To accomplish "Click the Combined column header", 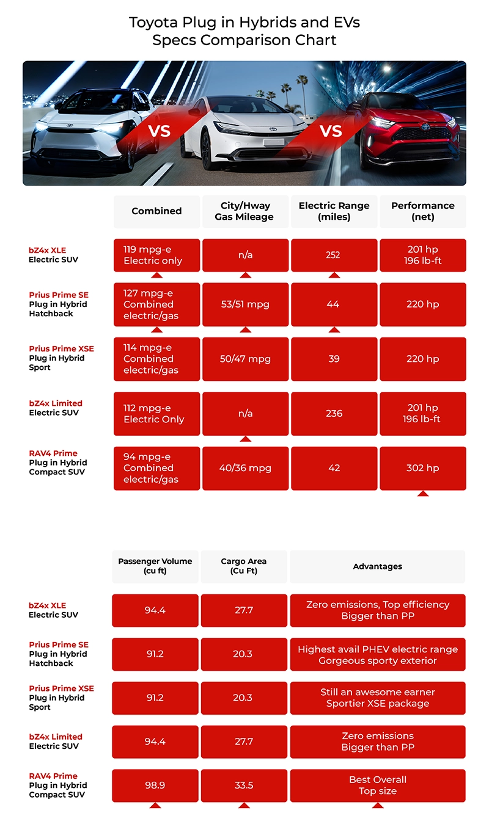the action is (156, 211).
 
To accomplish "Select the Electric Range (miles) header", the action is (334, 211).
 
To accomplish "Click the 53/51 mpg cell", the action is (245, 304).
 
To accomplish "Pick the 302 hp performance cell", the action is (423, 468).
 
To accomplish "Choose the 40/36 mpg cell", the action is (245, 468).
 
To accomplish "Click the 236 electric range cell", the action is (334, 413).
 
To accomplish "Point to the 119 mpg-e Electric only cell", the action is (156, 255).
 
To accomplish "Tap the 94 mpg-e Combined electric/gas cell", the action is (156, 468).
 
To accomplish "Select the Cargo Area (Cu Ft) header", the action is (244, 566).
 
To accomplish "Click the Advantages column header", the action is (378, 566).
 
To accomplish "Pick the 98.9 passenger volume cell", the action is (155, 785).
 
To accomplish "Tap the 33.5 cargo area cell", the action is (244, 785).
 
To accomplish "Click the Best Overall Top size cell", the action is (378, 785).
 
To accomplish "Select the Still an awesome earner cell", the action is (378, 698).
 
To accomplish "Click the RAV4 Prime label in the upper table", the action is (53, 453).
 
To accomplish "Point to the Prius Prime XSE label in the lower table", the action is (61, 688).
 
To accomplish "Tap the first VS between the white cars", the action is (159, 131).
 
